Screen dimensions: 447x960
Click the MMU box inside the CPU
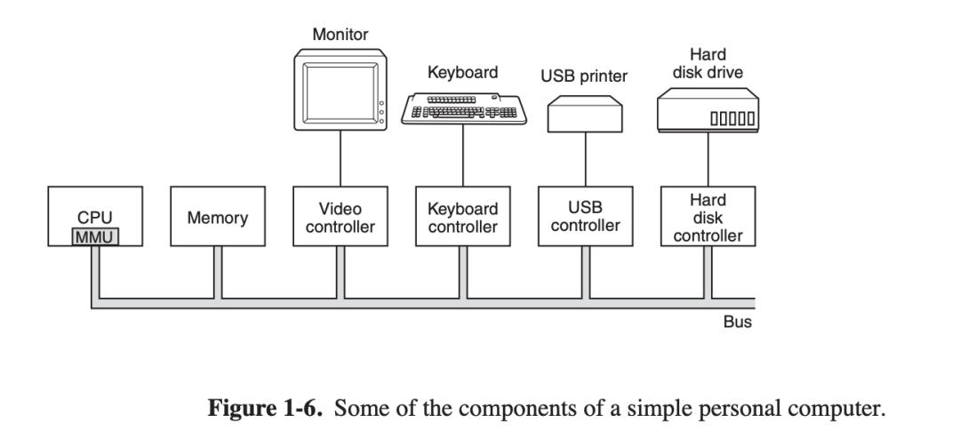(x=96, y=236)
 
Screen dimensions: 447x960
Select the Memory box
(x=218, y=217)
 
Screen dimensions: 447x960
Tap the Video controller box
(x=340, y=217)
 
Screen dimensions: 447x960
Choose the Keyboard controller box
(x=463, y=217)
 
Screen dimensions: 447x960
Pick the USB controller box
(x=586, y=217)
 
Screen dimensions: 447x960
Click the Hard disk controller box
(x=708, y=217)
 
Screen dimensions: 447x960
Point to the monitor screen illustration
(x=339, y=92)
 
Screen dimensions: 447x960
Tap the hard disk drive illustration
(x=708, y=108)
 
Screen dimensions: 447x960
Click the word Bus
(x=738, y=323)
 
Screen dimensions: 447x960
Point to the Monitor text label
(x=340, y=35)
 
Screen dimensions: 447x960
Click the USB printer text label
(x=584, y=76)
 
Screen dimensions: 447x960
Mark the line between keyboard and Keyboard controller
(x=463, y=156)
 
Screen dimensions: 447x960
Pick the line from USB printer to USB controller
(x=586, y=160)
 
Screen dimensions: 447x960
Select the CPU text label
(x=95, y=218)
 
